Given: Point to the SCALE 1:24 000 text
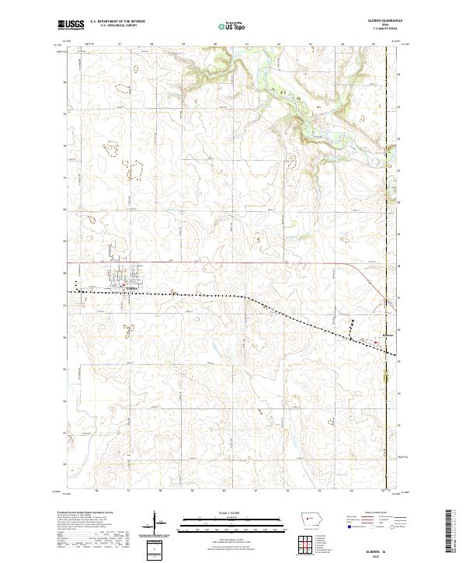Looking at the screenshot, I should (x=222, y=511).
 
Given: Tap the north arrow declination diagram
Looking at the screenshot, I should (x=155, y=520).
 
